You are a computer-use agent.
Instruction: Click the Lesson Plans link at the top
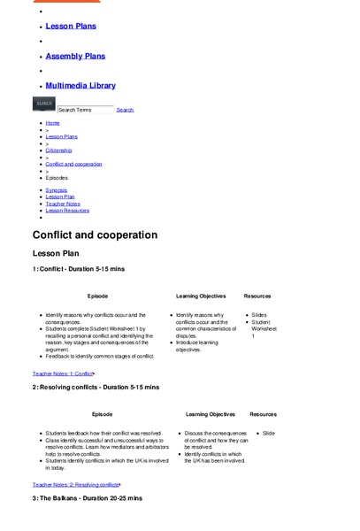[x=71, y=27]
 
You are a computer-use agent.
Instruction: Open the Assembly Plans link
[x=75, y=57]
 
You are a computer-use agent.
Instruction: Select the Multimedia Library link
[x=80, y=86]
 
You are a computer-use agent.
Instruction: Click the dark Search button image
[x=44, y=104]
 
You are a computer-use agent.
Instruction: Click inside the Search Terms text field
[x=85, y=110]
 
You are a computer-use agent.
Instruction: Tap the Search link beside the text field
[x=125, y=110]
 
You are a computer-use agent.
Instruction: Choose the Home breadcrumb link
[x=53, y=123]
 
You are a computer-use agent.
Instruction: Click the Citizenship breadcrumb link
[x=58, y=150]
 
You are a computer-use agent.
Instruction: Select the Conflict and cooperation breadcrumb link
[x=73, y=164]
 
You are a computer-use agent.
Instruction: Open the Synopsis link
[x=57, y=190]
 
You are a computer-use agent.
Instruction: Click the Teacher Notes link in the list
[x=63, y=204]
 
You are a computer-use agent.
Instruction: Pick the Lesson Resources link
[x=67, y=211]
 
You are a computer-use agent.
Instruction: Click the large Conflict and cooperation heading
[x=95, y=235]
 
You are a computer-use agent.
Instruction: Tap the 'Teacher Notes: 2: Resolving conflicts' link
[x=76, y=485]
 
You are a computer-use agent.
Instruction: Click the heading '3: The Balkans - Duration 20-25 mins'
[x=87, y=498]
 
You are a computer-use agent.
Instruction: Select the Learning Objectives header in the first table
[x=201, y=296]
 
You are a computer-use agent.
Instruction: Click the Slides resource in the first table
[x=259, y=315]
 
